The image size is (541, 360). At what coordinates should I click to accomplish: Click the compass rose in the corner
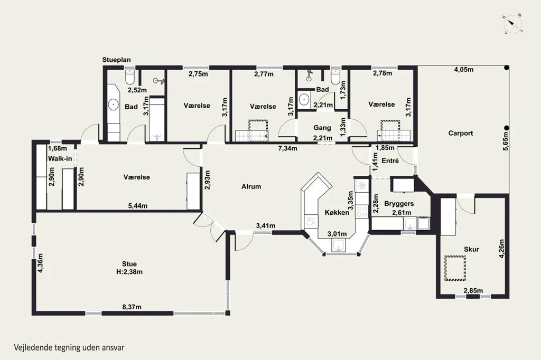[x=512, y=24]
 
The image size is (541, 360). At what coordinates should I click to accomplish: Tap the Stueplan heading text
[x=116, y=60]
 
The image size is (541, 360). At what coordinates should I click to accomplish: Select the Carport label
[x=461, y=133]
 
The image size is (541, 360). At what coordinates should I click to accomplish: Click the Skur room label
[x=471, y=249]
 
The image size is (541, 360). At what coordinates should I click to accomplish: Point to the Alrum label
[x=251, y=186]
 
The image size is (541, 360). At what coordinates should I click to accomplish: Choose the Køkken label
[x=337, y=212]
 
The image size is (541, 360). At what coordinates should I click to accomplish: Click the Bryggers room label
[x=399, y=203]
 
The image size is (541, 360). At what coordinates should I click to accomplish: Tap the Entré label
[x=390, y=160]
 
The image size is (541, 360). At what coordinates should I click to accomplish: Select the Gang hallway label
[x=322, y=128]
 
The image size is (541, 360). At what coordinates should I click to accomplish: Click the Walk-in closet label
[x=60, y=158]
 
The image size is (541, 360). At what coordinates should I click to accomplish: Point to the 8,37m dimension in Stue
[x=132, y=307]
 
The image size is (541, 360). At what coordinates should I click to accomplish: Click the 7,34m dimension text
[x=288, y=148]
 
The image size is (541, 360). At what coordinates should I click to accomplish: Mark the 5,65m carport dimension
[x=506, y=141]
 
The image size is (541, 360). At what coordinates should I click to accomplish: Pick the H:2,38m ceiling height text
[x=129, y=272]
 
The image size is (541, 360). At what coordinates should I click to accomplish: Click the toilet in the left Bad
[x=130, y=78]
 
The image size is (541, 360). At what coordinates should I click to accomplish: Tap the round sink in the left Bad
[x=113, y=104]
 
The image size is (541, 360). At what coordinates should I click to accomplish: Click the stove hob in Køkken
[x=362, y=211]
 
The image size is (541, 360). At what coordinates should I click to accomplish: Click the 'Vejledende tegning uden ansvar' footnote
[x=69, y=347]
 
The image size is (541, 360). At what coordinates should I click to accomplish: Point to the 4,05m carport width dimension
[x=463, y=69]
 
